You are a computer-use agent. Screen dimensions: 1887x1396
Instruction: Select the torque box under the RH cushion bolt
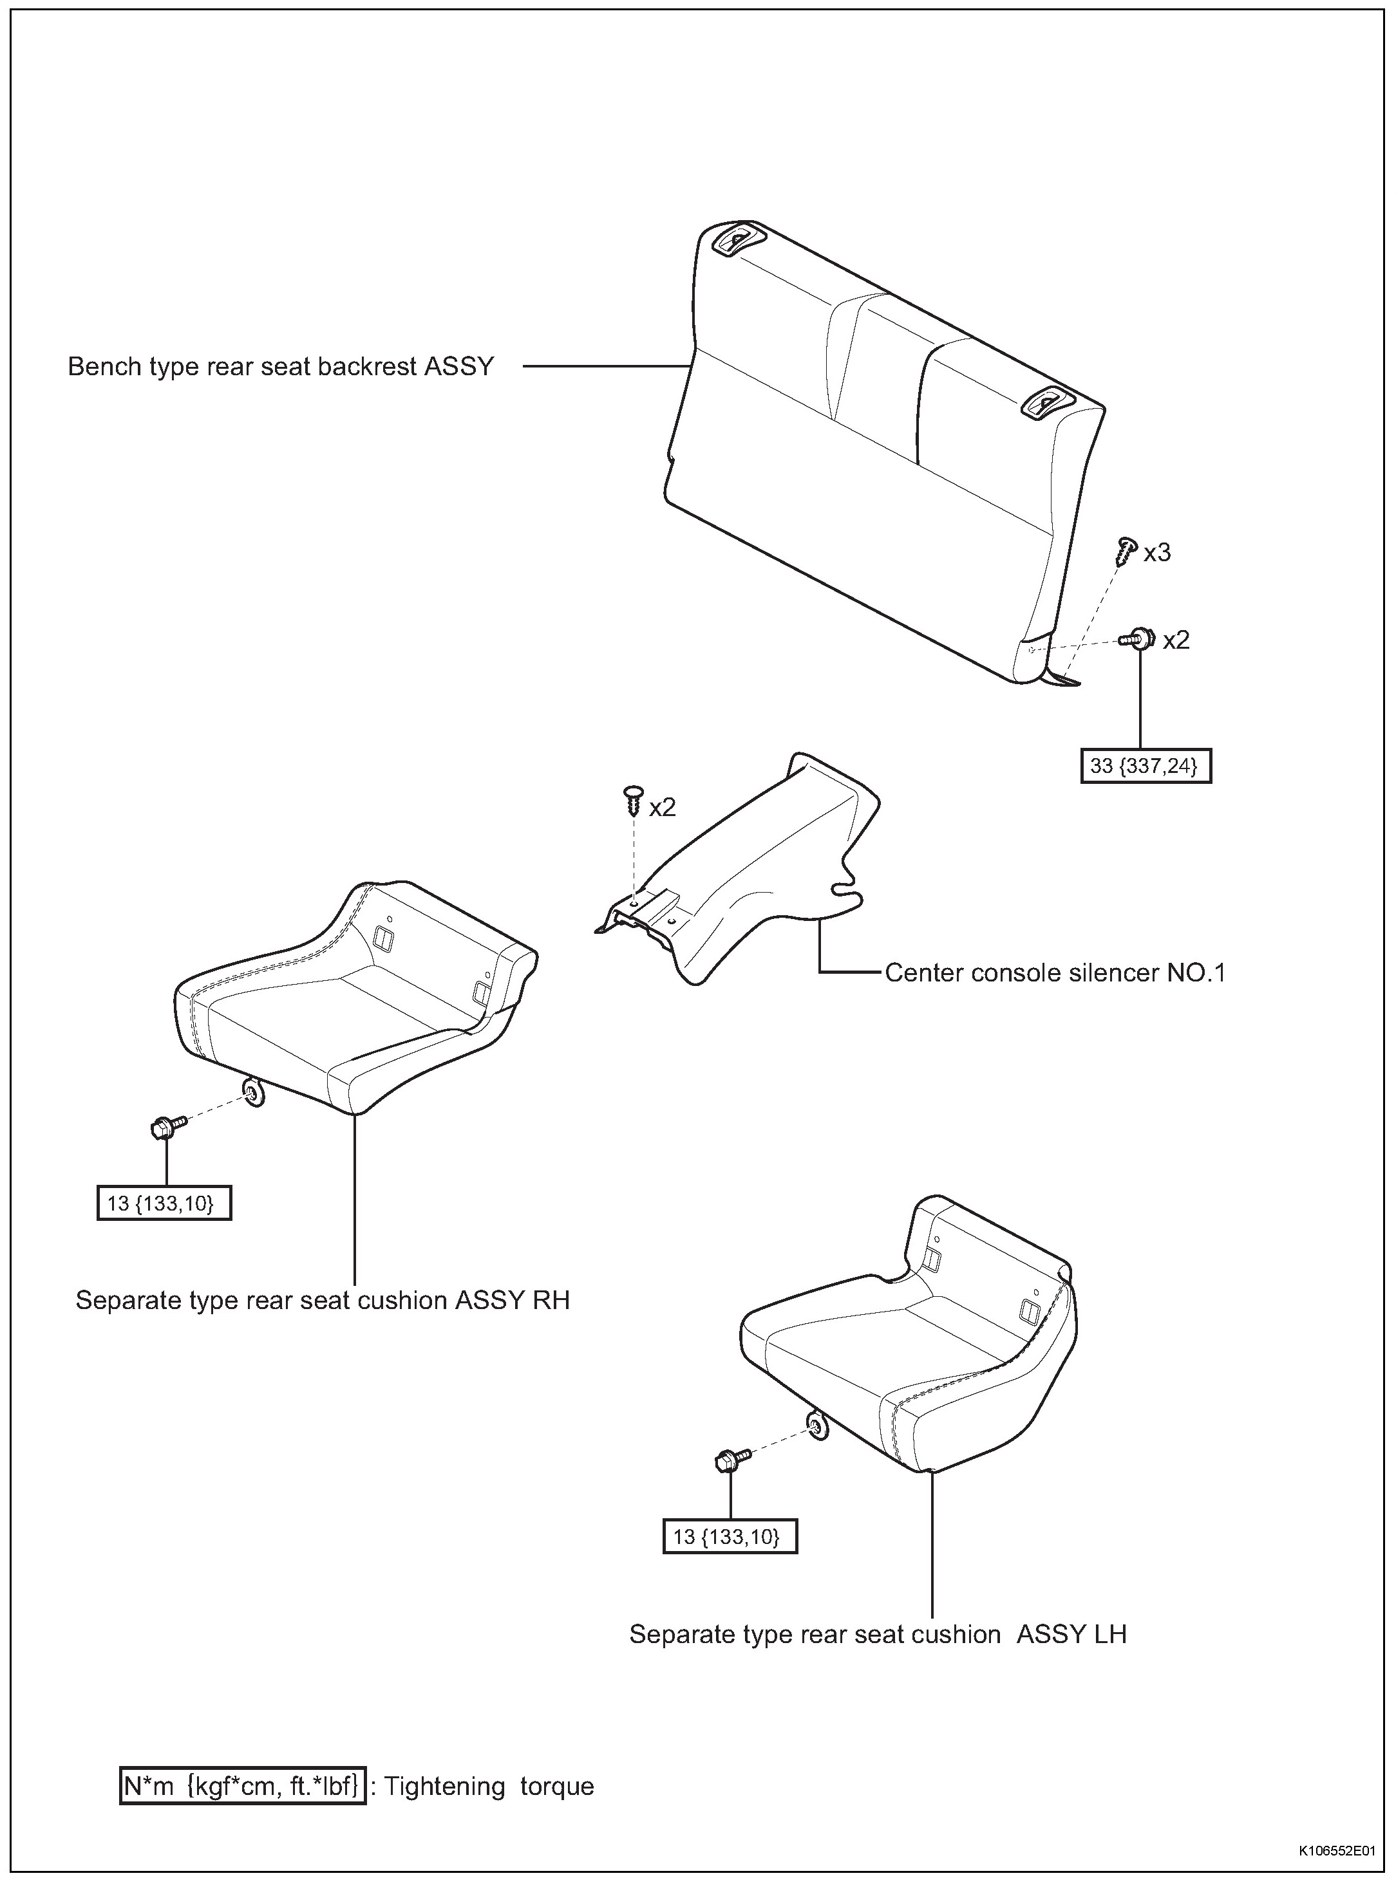tap(164, 1203)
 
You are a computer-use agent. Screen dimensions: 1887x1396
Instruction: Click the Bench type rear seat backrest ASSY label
tap(281, 367)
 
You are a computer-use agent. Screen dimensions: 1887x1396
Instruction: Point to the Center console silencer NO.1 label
tap(1055, 973)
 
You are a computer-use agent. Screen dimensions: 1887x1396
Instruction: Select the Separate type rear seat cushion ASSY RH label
tap(323, 1299)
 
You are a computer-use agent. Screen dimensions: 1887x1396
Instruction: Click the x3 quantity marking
tap(1157, 553)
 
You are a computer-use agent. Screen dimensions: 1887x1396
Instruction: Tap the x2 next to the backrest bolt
tap(1175, 640)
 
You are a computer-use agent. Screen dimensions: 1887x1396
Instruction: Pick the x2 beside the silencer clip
tap(663, 808)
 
